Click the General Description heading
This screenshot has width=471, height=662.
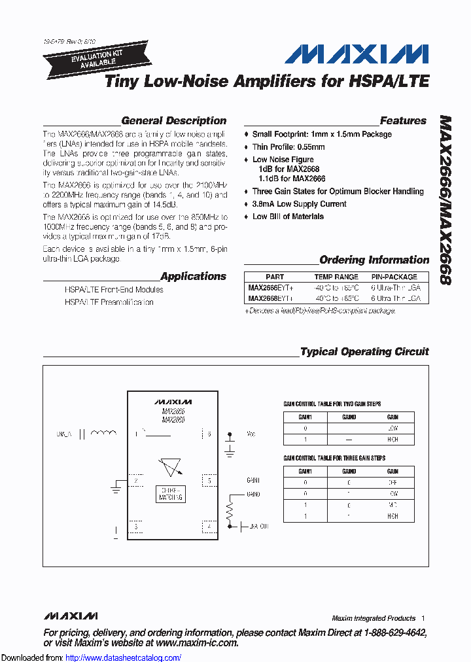(173, 120)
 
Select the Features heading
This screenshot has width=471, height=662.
(403, 120)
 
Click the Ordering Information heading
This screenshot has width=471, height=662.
(374, 260)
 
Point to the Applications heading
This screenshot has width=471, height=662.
(193, 276)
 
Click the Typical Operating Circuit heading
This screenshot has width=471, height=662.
(364, 351)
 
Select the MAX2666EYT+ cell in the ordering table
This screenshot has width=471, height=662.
(271, 287)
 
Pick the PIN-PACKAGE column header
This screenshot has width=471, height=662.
(394, 277)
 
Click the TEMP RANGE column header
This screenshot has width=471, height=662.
(336, 277)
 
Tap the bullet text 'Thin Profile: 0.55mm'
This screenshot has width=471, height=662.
(288, 147)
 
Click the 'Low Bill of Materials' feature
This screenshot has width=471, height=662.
(288, 217)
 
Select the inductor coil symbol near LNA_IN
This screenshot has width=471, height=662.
(102, 433)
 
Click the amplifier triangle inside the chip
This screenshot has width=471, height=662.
(171, 467)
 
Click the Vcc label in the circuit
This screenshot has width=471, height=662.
(251, 433)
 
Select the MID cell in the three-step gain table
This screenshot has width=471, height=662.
(392, 506)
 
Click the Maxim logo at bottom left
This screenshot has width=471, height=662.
(71, 616)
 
